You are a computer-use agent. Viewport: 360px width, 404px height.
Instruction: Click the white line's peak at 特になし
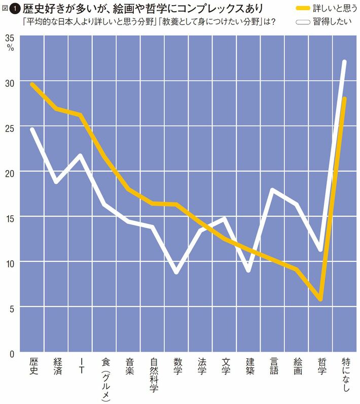point(345,62)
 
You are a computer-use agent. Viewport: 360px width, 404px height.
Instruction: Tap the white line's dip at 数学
point(176,273)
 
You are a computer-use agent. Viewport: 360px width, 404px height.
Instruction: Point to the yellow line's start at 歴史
point(32,84)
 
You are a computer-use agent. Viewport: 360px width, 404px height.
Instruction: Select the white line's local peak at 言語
point(273,190)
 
